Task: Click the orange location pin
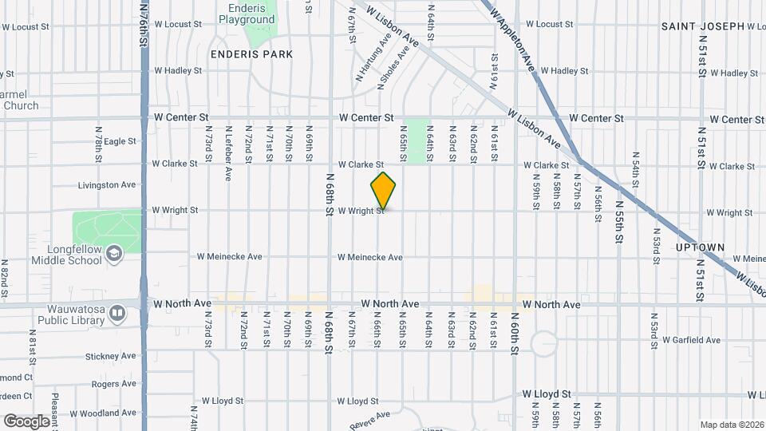click(x=384, y=191)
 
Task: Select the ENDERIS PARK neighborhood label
click(x=251, y=54)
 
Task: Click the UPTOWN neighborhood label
click(x=701, y=247)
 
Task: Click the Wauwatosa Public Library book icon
click(x=118, y=312)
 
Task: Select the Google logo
click(x=26, y=421)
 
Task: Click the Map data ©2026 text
click(x=731, y=425)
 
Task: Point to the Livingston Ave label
click(x=106, y=185)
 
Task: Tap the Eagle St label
click(x=120, y=141)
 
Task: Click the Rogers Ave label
click(x=114, y=384)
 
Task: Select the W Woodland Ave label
click(x=104, y=413)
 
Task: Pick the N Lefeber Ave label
click(x=228, y=141)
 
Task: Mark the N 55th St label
click(x=619, y=227)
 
